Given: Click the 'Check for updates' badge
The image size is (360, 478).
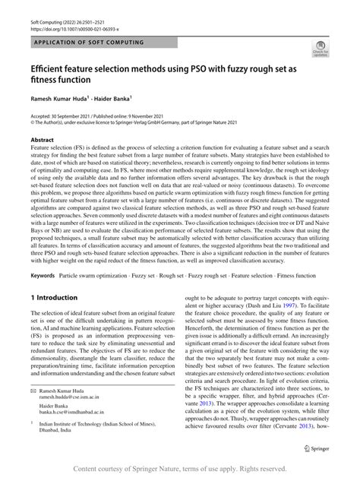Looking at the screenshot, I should [320, 51].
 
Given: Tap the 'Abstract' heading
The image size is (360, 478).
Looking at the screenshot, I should [43, 141].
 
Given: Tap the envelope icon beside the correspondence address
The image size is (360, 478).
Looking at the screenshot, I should [33, 408].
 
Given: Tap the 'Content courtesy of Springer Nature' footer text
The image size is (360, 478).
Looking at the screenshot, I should [180, 468].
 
